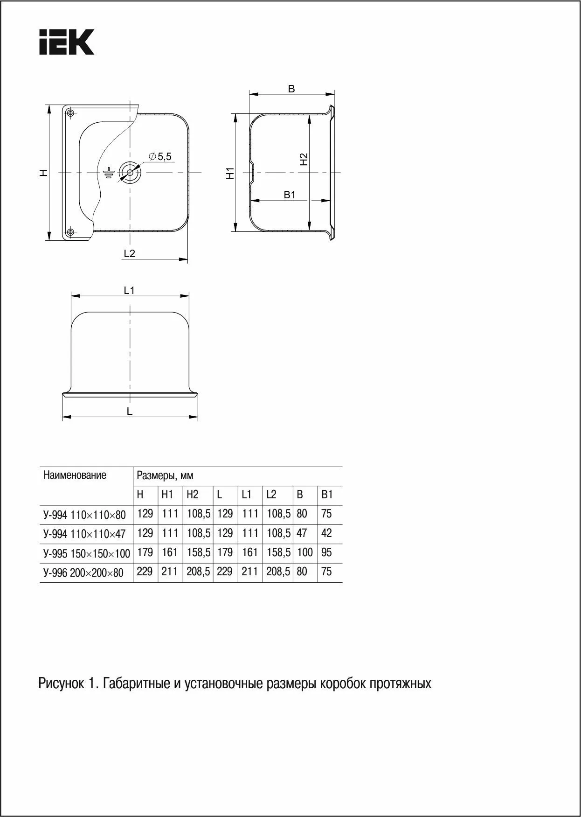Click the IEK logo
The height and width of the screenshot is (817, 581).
(x=67, y=42)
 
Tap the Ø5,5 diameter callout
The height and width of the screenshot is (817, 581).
(x=160, y=157)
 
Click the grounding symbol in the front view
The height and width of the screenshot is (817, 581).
(x=108, y=173)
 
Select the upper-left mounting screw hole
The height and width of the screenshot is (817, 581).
(x=70, y=113)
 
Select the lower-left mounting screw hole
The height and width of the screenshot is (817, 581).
(x=70, y=232)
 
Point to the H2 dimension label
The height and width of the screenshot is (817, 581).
(x=304, y=160)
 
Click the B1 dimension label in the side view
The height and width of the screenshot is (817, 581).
(x=290, y=195)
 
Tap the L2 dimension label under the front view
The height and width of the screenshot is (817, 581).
(x=129, y=253)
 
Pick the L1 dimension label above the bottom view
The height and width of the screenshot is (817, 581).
(x=129, y=290)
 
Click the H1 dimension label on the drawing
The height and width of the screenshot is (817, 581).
(x=229, y=173)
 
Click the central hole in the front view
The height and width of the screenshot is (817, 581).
(x=128, y=173)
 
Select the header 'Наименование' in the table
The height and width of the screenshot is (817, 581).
(x=75, y=475)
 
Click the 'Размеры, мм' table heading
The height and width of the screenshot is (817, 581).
(x=165, y=475)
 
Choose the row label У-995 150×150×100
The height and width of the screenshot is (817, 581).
(x=86, y=553)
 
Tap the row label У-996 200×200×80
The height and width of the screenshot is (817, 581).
(x=83, y=573)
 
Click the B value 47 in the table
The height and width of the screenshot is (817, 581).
(x=302, y=533)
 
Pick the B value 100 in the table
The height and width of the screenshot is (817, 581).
(x=304, y=552)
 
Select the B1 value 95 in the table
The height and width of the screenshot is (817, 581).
(x=326, y=552)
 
